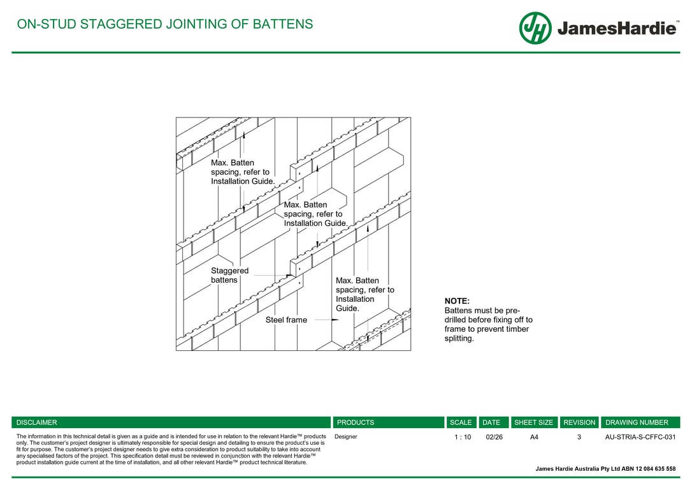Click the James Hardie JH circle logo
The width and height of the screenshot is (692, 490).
pos(535,28)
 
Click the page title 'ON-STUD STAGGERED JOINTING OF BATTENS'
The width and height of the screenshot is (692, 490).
pos(165,24)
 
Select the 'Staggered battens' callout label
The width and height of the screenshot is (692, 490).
pos(229,276)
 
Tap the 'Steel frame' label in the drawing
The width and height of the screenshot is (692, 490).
pos(286,320)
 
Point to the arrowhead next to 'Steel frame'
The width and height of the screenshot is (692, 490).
pos(335,320)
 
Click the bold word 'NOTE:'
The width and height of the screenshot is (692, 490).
pos(457,301)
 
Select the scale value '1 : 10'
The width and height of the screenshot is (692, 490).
pos(463,437)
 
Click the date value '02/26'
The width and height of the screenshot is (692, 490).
pos(494,437)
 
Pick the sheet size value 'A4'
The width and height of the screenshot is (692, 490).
pos(534,437)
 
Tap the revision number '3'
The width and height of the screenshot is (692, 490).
pos(579,437)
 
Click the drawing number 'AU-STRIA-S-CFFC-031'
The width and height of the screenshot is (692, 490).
pos(640,437)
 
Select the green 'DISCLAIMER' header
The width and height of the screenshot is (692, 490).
pos(36,422)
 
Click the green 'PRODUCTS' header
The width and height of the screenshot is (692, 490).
pos(356,422)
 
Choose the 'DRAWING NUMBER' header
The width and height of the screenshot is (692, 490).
pos(637,422)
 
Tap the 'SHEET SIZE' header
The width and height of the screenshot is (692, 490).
pos(533,422)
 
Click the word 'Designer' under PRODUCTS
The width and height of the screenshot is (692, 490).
pos(346,437)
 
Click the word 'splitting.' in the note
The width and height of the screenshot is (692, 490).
pos(459,339)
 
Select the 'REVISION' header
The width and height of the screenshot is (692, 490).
pos(579,422)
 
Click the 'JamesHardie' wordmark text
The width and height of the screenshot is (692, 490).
pos(617,28)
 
